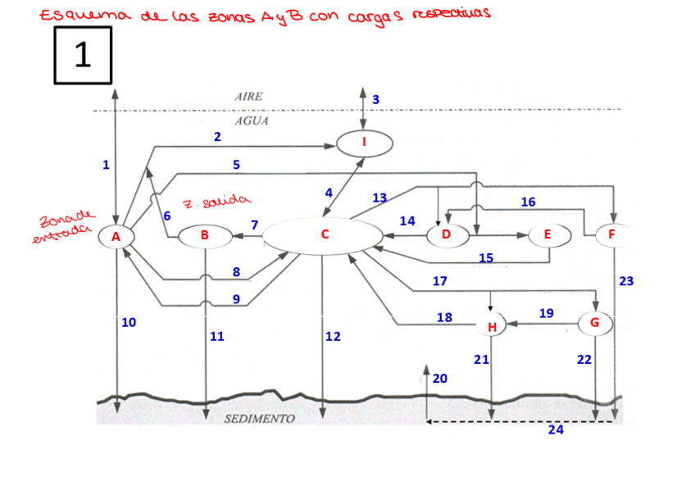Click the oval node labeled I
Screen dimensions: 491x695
(365, 143)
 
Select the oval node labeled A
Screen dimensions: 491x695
(116, 236)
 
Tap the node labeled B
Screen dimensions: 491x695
(205, 236)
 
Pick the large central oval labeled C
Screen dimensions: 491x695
(323, 235)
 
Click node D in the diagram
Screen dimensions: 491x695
(447, 235)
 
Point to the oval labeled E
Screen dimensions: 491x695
(547, 235)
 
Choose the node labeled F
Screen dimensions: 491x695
(611, 235)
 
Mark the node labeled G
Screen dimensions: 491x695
(595, 323)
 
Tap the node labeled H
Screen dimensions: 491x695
(492, 327)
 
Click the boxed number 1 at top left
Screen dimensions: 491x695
(83, 54)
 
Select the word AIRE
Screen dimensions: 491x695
(248, 96)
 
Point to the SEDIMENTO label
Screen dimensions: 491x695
(260, 419)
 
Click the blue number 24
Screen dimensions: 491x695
(556, 430)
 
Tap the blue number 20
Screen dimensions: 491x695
(440, 378)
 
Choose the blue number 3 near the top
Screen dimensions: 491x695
(376, 99)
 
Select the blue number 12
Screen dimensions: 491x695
(333, 337)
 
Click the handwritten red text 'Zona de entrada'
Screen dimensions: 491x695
(64, 229)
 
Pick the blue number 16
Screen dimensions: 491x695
(528, 202)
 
